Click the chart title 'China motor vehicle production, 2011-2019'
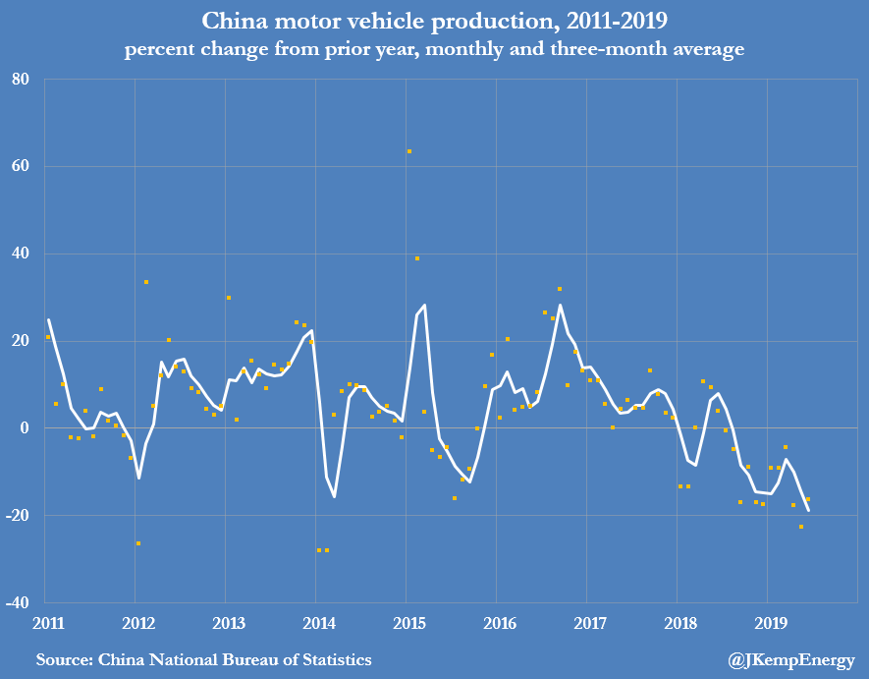point(434,21)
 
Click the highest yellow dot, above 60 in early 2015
point(409,151)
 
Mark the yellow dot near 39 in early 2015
point(417,258)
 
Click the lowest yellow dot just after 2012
point(138,543)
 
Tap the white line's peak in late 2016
point(560,305)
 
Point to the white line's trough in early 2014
point(334,496)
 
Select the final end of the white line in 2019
point(808,510)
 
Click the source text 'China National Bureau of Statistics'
point(204,659)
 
